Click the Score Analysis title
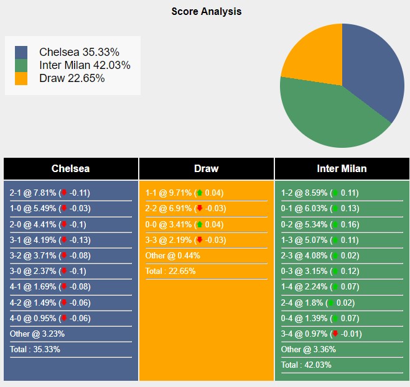(x=207, y=11)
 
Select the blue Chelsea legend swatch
(x=21, y=52)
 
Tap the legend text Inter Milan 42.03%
(x=85, y=65)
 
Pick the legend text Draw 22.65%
(x=72, y=78)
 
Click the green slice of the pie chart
(x=330, y=118)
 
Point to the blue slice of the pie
(x=373, y=68)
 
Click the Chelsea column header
(x=70, y=168)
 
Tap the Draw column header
(x=206, y=168)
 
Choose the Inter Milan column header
(x=342, y=168)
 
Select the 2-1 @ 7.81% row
(x=50, y=193)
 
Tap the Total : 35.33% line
(x=35, y=349)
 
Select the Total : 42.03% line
(x=306, y=365)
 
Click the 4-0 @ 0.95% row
(x=50, y=318)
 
